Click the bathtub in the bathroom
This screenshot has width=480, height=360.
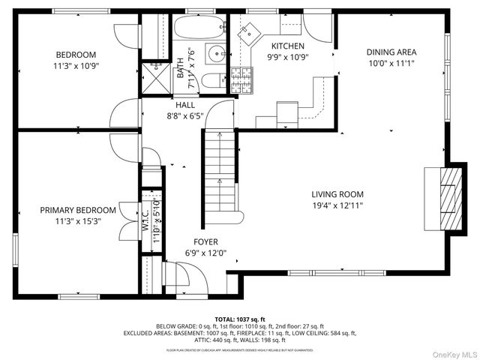click(x=199, y=28)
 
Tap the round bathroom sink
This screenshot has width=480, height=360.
click(x=214, y=53)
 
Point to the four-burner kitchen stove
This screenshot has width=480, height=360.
click(x=240, y=78)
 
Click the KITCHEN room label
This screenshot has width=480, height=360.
click(x=287, y=46)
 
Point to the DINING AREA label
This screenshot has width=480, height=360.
click(x=391, y=52)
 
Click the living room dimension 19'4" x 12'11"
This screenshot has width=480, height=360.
click(x=337, y=205)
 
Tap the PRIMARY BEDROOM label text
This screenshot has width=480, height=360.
click(x=78, y=210)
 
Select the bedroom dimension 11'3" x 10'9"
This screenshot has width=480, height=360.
click(x=76, y=66)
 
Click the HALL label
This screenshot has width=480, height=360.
click(x=184, y=105)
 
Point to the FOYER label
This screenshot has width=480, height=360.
click(x=205, y=241)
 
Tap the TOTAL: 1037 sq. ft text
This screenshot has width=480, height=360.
click(x=240, y=319)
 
